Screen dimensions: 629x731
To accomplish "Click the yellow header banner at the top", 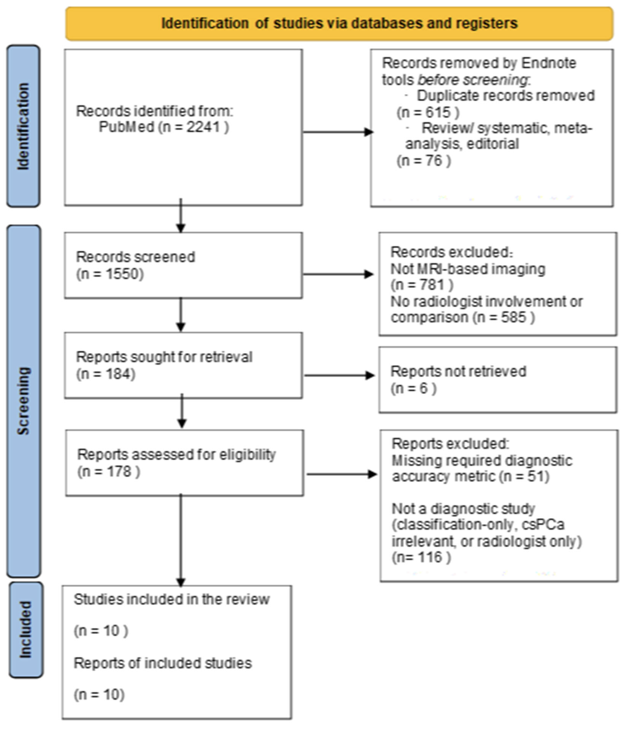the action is point(339,23).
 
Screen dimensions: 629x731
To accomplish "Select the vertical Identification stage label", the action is point(23,126).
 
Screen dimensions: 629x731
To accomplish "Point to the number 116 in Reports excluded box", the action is point(430,557).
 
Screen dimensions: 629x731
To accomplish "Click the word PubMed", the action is point(126,127).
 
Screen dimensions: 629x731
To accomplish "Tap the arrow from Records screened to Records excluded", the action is point(338,274).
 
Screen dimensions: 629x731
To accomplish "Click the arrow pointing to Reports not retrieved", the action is point(339,375).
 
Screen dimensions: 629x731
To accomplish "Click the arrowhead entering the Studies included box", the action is point(181,582).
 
